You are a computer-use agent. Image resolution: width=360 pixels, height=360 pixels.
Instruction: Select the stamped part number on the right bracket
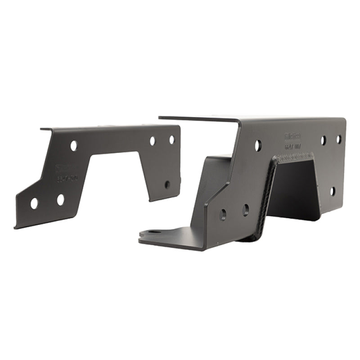pos(294,146)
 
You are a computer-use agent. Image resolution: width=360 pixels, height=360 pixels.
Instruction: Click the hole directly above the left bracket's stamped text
pos(73,145)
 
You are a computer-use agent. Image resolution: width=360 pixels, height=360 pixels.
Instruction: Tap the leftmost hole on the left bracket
pos(34,203)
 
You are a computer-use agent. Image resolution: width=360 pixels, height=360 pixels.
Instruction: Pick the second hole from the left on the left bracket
pos(60,200)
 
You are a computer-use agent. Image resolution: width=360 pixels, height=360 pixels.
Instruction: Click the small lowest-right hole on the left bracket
pos(167,184)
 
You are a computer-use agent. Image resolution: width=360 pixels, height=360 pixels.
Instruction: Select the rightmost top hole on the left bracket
pos(171,139)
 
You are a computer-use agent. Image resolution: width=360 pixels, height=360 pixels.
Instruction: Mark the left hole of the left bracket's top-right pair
pos(153,141)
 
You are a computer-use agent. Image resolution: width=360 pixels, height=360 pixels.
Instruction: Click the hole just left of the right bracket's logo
pos(258,145)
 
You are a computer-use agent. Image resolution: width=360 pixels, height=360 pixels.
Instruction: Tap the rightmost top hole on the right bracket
pos(338,139)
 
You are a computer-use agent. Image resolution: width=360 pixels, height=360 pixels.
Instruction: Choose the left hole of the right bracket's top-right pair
pos(323,140)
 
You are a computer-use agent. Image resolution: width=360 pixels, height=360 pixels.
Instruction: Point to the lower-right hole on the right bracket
pos(332,191)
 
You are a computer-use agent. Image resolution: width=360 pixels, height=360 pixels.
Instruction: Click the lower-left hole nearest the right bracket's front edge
pos(223,215)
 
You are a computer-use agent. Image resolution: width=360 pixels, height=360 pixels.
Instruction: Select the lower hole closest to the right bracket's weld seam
pos(245,210)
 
